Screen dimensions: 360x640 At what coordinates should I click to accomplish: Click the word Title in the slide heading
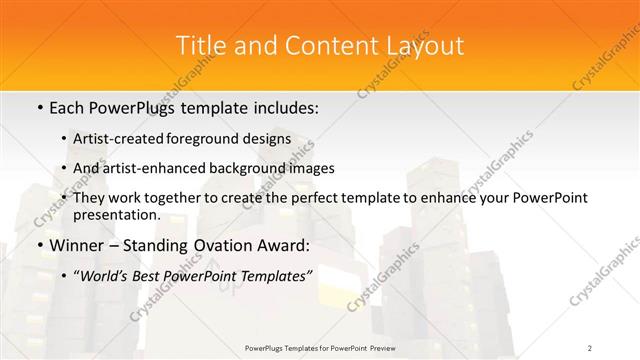198,46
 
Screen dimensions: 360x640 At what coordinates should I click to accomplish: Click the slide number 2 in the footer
590,347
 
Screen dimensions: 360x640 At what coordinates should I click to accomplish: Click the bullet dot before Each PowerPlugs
39,105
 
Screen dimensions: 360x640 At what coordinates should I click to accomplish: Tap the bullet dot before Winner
39,245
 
